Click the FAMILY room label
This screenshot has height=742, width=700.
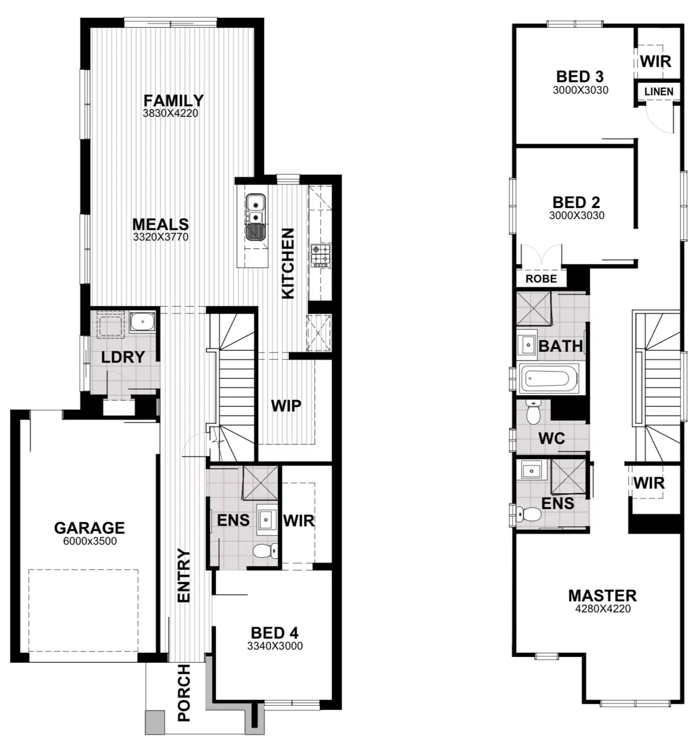pyautogui.click(x=173, y=100)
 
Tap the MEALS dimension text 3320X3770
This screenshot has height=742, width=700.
pyautogui.click(x=161, y=237)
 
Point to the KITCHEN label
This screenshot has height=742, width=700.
pyautogui.click(x=288, y=263)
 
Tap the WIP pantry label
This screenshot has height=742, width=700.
pyautogui.click(x=286, y=405)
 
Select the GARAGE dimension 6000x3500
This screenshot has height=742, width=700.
pyautogui.click(x=90, y=542)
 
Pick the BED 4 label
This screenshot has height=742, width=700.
pyautogui.click(x=274, y=633)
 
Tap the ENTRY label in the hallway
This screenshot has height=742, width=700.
pyautogui.click(x=184, y=575)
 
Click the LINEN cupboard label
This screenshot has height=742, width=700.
pyautogui.click(x=659, y=92)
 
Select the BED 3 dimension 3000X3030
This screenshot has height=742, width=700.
pyautogui.click(x=580, y=90)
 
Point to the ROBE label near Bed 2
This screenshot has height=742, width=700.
pyautogui.click(x=541, y=279)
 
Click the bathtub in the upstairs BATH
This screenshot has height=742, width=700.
pyautogui.click(x=549, y=378)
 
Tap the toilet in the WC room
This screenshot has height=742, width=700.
pyautogui.click(x=534, y=413)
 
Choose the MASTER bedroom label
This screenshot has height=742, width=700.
pyautogui.click(x=602, y=596)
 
